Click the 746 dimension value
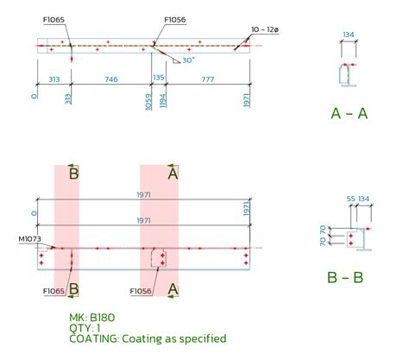tap(111, 78)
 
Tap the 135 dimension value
tap(158, 78)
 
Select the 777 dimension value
tap(207, 78)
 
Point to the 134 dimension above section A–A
tap(349, 35)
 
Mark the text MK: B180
tap(91, 317)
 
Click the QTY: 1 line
tap(85, 328)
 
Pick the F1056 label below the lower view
tap(142, 291)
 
